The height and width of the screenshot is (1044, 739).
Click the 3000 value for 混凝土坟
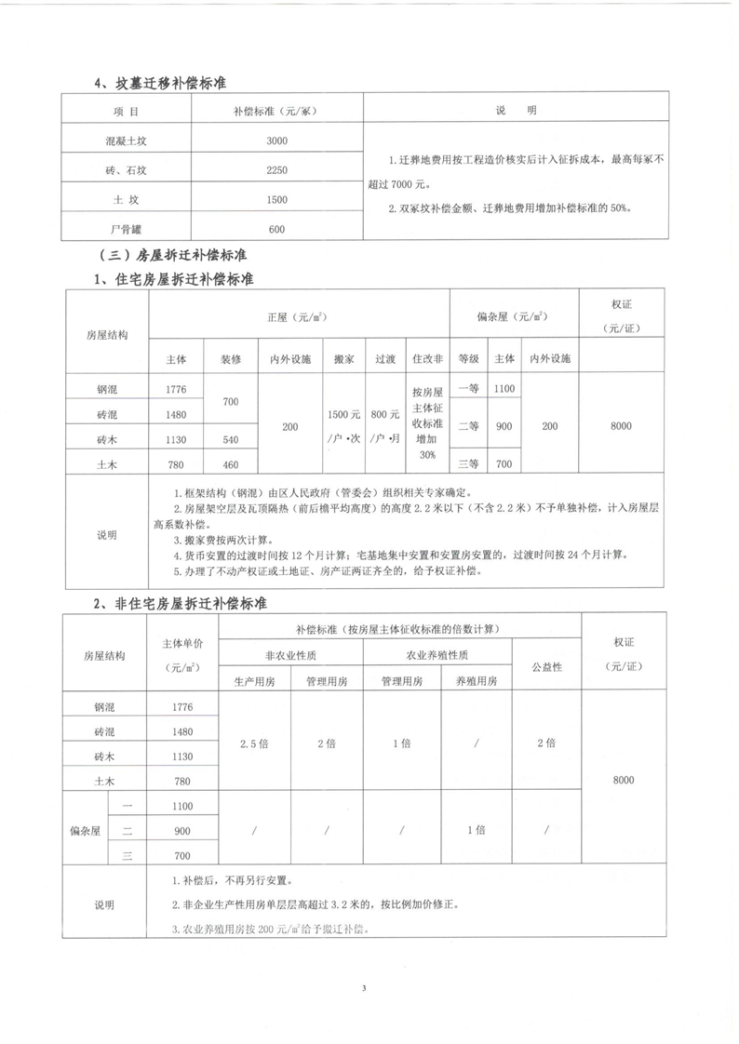[x=276, y=141]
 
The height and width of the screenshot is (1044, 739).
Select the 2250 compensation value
[x=276, y=170]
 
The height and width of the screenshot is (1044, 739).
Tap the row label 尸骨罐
[x=126, y=230]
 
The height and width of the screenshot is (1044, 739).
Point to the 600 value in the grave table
[x=276, y=230]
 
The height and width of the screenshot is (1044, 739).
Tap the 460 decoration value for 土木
[x=232, y=463]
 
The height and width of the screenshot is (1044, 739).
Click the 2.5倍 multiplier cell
[x=253, y=743]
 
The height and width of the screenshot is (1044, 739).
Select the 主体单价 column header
[x=181, y=654]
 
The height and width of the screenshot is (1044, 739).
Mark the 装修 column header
[x=232, y=357]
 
